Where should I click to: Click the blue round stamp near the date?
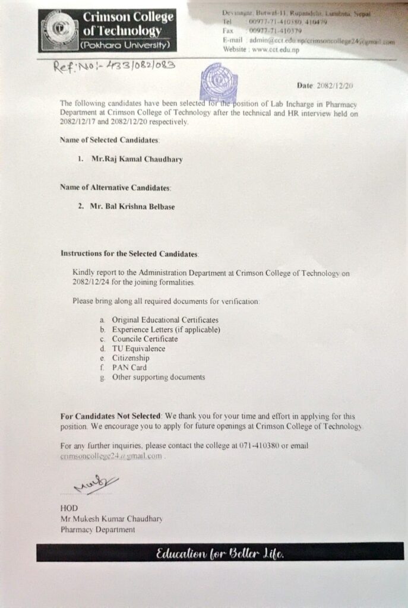(x=219, y=81)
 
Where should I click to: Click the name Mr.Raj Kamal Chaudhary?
(x=134, y=159)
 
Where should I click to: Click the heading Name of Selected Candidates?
(x=109, y=140)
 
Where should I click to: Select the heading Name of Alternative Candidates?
(x=115, y=188)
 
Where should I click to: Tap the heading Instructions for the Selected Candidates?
(x=129, y=254)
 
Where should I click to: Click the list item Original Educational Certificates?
(x=165, y=320)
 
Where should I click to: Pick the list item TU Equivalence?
(x=138, y=349)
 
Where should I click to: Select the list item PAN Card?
(x=129, y=368)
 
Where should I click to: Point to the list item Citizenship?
(x=131, y=358)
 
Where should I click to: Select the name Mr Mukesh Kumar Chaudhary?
(x=111, y=518)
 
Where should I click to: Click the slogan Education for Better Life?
(x=220, y=555)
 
